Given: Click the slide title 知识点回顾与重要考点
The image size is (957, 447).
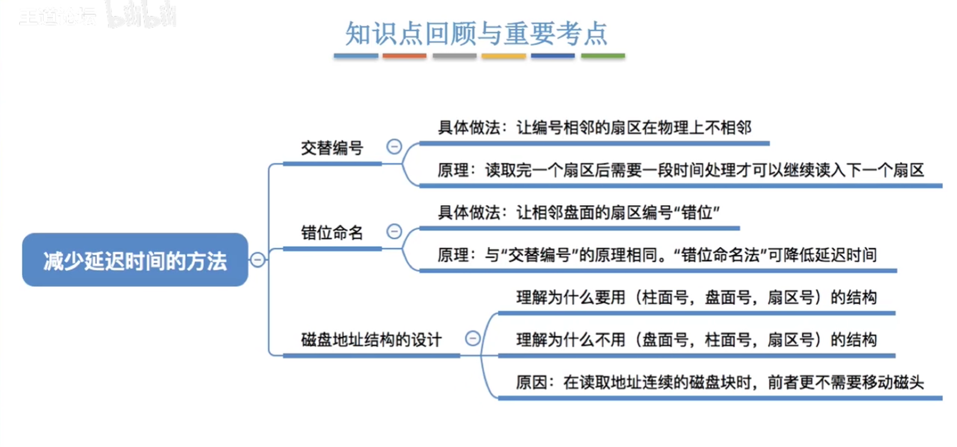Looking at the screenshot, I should (476, 34).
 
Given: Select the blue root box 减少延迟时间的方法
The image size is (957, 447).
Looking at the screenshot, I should (135, 260).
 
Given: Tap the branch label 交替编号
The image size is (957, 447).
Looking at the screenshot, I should (332, 148).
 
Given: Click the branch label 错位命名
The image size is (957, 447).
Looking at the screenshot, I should (332, 233).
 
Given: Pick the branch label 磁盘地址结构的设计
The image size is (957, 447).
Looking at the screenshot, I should (371, 340).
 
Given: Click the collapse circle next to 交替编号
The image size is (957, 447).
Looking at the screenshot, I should (394, 147).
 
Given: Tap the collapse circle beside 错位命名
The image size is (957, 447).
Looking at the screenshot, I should (394, 232).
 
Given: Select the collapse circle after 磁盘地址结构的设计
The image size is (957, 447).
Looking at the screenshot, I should (473, 339).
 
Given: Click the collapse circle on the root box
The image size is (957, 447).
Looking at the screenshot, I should (258, 260).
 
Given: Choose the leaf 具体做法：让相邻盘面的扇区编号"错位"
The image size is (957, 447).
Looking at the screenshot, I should (579, 212).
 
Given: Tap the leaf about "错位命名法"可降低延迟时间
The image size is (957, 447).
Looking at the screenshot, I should (657, 255).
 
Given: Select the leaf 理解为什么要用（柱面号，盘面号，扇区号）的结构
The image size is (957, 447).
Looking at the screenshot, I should (696, 297).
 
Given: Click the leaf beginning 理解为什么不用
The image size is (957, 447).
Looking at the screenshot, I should (696, 340).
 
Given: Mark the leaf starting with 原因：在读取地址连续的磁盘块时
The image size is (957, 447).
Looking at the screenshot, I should (720, 383).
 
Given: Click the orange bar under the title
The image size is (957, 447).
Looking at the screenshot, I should (405, 56).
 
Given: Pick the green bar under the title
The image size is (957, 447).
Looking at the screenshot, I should (603, 56).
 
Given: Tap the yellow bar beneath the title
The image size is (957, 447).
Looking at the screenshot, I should (504, 56).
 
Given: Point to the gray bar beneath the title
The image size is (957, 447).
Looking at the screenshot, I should (454, 56).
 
